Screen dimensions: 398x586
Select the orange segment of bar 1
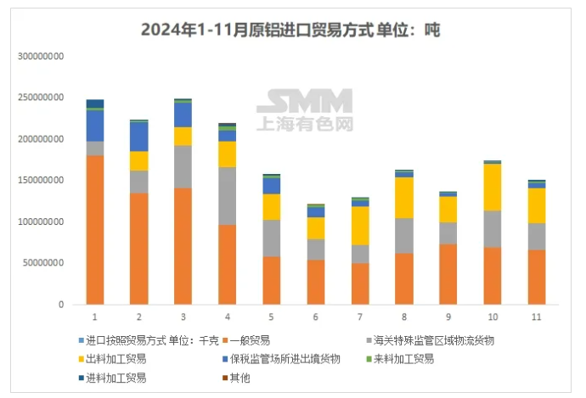(95, 229)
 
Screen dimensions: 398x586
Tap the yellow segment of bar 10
(493, 187)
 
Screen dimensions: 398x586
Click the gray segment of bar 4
(228, 195)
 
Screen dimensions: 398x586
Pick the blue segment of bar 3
(183, 115)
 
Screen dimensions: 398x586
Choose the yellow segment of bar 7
(360, 226)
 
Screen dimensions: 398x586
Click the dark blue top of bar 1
(95, 104)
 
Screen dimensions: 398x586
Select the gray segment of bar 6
(316, 249)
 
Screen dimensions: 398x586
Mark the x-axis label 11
(537, 317)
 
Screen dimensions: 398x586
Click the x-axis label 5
(272, 317)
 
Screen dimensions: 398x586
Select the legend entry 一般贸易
(251, 340)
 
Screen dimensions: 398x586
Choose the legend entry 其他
(245, 377)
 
